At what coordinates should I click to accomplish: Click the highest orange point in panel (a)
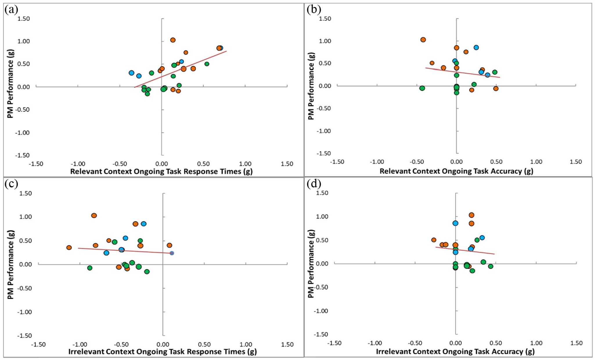tap(173, 40)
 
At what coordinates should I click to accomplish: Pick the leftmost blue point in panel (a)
tap(132, 73)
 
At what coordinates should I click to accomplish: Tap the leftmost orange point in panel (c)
tap(69, 247)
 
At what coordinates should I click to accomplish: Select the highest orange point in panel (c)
tap(94, 216)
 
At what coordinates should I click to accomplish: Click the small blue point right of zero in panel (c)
tap(172, 253)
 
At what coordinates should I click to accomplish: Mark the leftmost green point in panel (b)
tap(422, 88)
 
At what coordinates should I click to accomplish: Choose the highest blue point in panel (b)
tap(476, 47)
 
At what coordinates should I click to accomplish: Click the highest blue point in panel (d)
tap(455, 223)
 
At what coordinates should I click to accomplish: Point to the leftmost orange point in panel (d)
tap(434, 240)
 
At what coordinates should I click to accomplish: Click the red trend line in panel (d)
tap(465, 250)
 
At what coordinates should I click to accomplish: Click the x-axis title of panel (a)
tap(161, 171)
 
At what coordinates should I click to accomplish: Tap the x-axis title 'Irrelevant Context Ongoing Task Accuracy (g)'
tap(455, 352)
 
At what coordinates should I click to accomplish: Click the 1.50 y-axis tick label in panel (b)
tap(325, 19)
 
